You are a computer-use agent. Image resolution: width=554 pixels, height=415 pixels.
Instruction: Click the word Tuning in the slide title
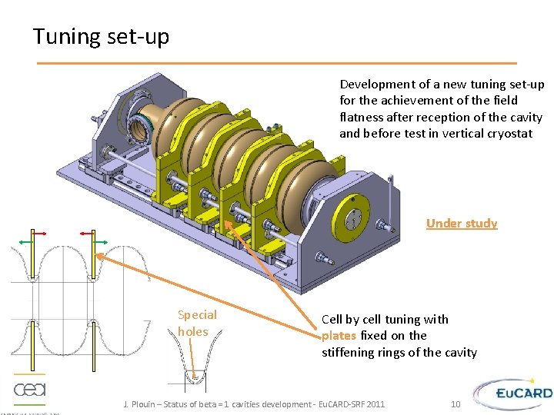(67, 36)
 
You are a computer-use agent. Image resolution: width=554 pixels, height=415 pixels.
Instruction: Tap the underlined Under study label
(462, 223)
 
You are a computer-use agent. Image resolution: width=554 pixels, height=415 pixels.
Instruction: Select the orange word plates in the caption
(339, 336)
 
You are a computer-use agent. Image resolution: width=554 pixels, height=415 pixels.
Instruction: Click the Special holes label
(197, 323)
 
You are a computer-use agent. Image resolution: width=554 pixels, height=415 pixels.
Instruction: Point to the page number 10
(455, 404)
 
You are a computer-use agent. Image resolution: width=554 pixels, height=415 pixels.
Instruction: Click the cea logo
(29, 389)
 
